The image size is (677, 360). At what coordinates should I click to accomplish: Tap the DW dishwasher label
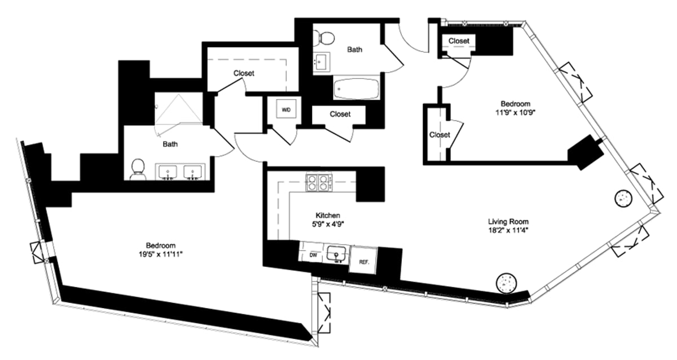coord(313,255)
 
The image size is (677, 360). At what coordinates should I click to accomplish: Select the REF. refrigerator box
coord(363,261)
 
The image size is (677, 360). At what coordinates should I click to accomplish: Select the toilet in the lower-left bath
coord(137,169)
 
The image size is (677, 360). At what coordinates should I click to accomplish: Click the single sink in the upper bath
coord(322,63)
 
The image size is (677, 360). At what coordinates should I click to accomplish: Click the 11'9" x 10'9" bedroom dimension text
coord(516,112)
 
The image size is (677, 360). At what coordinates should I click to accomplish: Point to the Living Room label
coord(508,221)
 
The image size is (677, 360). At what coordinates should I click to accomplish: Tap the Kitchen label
coord(327,216)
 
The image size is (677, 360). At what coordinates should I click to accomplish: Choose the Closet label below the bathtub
coord(340,114)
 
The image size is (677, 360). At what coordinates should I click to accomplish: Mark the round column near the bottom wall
coord(505,283)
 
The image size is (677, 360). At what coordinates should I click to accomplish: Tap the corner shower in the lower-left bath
coord(179,108)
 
